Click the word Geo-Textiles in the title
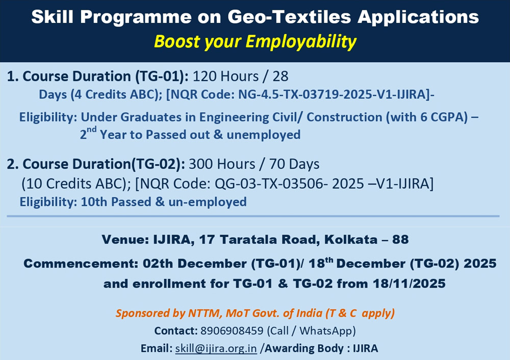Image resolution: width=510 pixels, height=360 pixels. [289, 17]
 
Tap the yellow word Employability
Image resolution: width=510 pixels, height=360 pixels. [301, 42]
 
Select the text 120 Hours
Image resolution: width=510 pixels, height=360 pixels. [226, 76]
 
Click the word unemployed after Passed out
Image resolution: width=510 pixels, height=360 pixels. [264, 135]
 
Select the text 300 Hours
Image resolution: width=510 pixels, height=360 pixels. [222, 164]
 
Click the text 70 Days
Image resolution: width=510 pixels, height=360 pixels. [294, 164]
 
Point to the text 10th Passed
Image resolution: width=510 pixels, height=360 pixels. [116, 201]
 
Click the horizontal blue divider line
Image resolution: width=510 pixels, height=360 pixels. [253, 216]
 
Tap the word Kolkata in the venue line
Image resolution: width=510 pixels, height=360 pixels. [351, 239]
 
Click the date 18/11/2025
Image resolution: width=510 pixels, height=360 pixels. [409, 284]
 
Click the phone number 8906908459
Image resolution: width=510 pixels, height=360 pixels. [232, 330]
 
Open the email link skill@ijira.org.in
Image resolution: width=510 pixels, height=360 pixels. [216, 348]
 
